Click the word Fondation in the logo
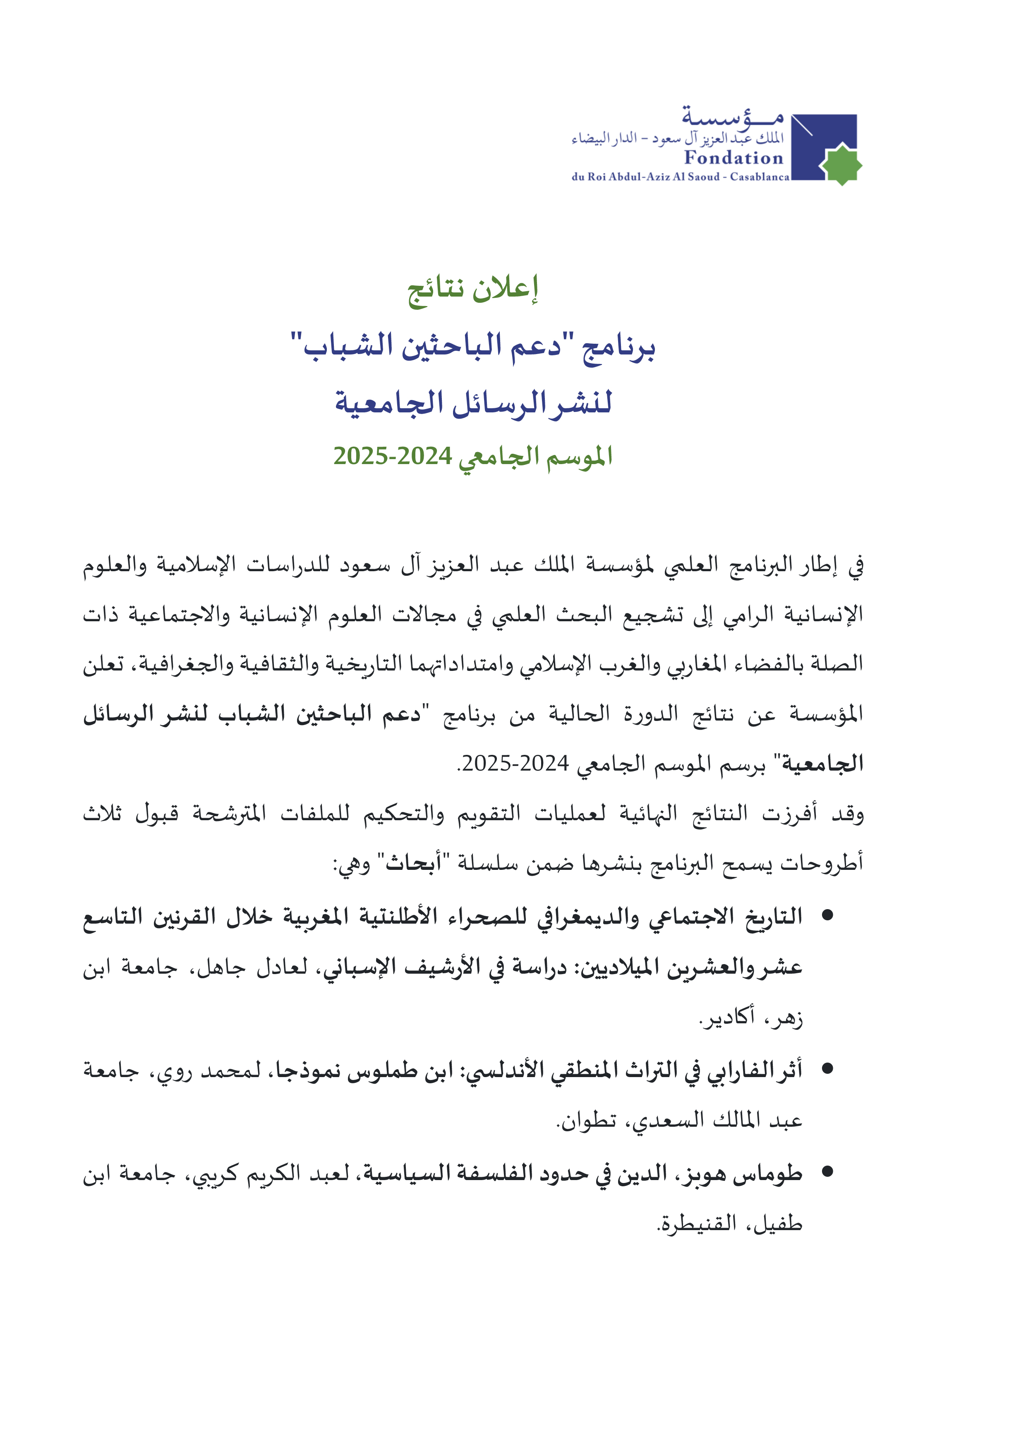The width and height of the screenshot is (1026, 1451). tap(734, 158)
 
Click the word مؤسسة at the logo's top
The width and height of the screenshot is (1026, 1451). tap(732, 116)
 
